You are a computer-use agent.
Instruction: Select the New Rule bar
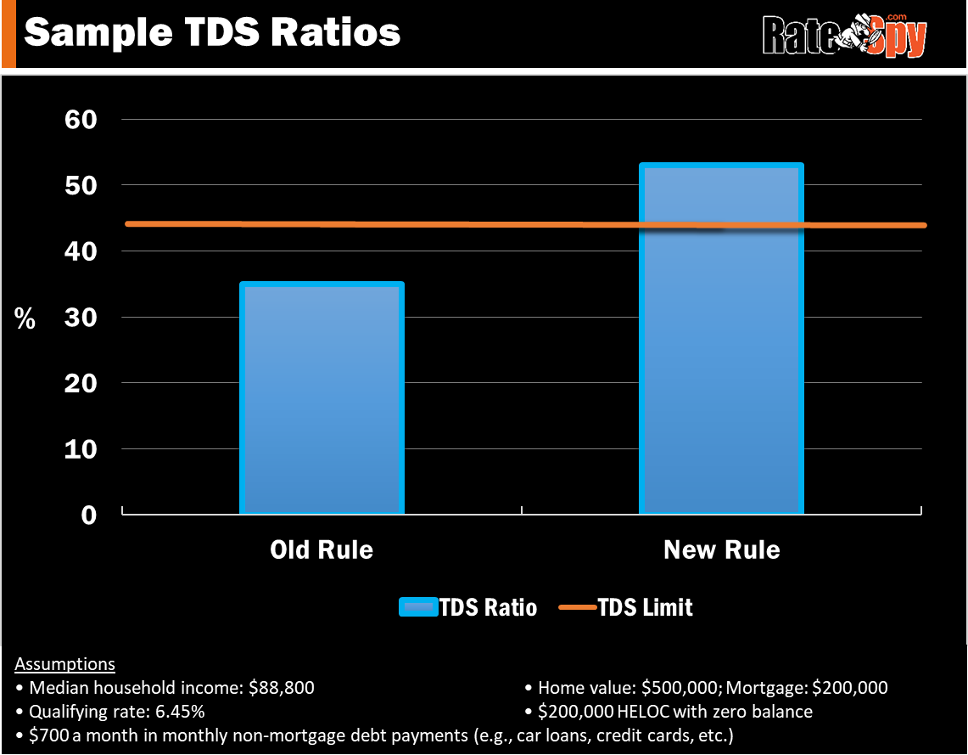[720, 357]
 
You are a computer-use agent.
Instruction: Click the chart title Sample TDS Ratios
[211, 32]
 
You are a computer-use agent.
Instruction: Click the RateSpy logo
[843, 35]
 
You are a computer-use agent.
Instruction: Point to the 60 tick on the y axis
[81, 119]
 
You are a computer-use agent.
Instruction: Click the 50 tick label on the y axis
[81, 185]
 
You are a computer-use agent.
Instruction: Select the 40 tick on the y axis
[81, 251]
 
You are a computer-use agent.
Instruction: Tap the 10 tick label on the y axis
[81, 449]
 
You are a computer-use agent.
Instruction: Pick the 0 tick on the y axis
[88, 515]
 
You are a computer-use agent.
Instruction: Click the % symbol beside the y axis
[25, 319]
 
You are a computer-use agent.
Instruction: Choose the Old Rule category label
[322, 549]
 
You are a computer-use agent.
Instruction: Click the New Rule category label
[721, 549]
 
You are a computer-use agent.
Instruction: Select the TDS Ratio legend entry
[468, 607]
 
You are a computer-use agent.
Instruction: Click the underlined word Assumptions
[65, 664]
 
